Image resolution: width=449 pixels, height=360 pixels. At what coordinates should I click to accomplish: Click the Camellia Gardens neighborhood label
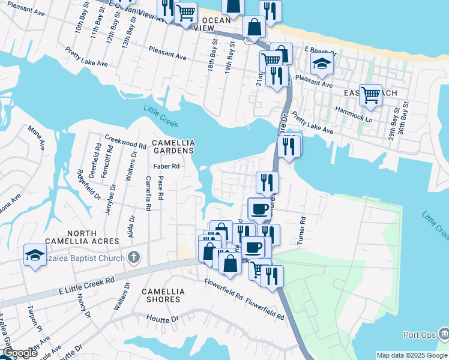coord(173,146)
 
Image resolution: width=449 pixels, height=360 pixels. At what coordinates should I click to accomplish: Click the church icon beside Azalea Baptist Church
coord(133,258)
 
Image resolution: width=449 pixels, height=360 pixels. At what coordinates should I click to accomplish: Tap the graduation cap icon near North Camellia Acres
coord(35,255)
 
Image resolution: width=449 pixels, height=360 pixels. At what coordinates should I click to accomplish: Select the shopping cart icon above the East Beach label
coord(370,94)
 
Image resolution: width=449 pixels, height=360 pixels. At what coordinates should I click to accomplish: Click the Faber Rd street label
coord(166,166)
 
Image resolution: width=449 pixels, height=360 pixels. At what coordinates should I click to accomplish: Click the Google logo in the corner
coord(20,353)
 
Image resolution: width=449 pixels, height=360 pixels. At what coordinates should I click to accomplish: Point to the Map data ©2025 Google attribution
coord(411,355)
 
